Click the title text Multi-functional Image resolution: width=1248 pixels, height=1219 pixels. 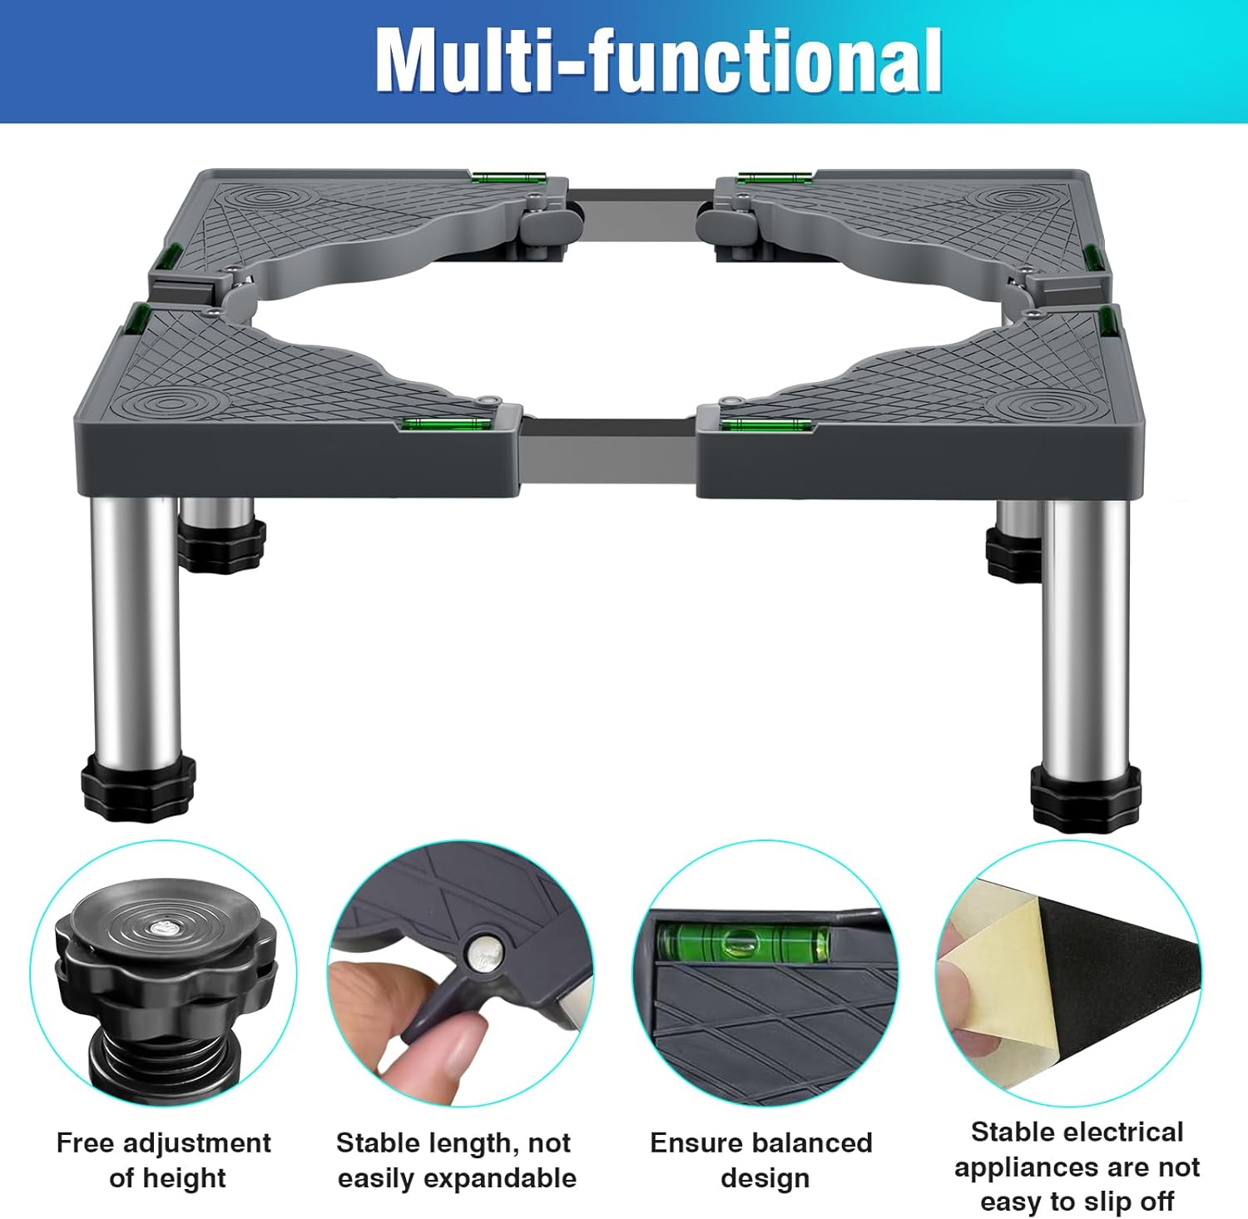click(x=658, y=60)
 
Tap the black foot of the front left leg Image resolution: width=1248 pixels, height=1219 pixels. click(x=138, y=785)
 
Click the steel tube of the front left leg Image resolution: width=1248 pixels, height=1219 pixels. click(x=136, y=624)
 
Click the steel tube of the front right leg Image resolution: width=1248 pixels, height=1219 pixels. click(x=1085, y=632)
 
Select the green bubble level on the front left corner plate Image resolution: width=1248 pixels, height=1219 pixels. click(x=444, y=424)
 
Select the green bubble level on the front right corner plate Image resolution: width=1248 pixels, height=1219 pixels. click(x=765, y=426)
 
